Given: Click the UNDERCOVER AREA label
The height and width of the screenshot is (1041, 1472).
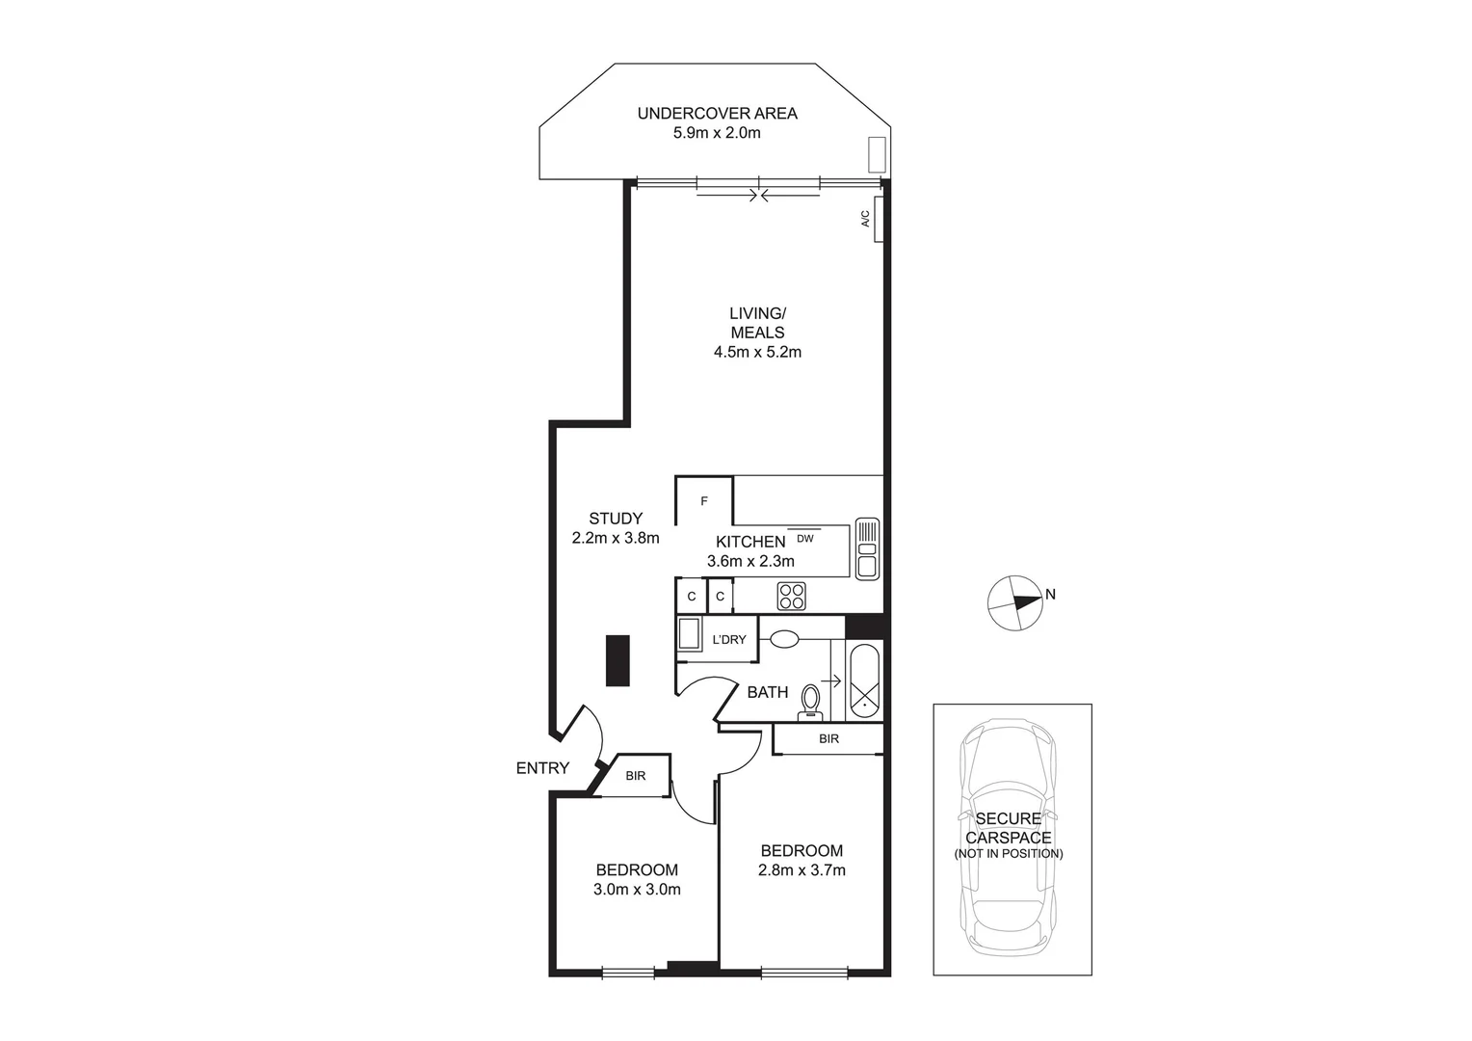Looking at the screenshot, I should [717, 114].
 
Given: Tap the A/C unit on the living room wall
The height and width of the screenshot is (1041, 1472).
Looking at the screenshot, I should [878, 219].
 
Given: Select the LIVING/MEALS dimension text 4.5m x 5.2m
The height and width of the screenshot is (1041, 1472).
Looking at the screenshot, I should [757, 353].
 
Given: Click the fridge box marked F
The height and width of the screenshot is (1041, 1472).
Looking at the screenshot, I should [704, 501].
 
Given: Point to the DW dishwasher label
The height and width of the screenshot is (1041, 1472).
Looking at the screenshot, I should [804, 539].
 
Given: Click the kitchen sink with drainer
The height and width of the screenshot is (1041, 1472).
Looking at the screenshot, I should [866, 548].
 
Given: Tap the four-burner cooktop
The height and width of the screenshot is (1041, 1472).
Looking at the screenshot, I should [792, 597].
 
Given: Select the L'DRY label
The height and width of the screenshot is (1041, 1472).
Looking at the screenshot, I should [728, 640].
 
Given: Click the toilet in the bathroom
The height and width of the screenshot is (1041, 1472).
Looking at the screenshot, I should [811, 701].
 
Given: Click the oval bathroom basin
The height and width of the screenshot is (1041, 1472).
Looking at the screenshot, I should [784, 638].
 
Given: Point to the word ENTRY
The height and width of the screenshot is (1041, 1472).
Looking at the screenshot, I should [542, 768].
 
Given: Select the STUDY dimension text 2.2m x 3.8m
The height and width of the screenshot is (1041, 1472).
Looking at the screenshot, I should [616, 539].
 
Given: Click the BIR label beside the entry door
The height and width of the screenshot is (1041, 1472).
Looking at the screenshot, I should [635, 776].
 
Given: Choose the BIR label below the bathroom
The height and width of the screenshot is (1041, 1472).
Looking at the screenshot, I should [828, 739].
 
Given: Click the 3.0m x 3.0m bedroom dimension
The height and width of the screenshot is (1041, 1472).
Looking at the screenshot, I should [637, 890].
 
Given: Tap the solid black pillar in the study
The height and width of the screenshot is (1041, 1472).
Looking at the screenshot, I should [618, 660].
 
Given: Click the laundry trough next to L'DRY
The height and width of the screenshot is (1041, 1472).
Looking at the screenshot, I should [689, 636].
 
